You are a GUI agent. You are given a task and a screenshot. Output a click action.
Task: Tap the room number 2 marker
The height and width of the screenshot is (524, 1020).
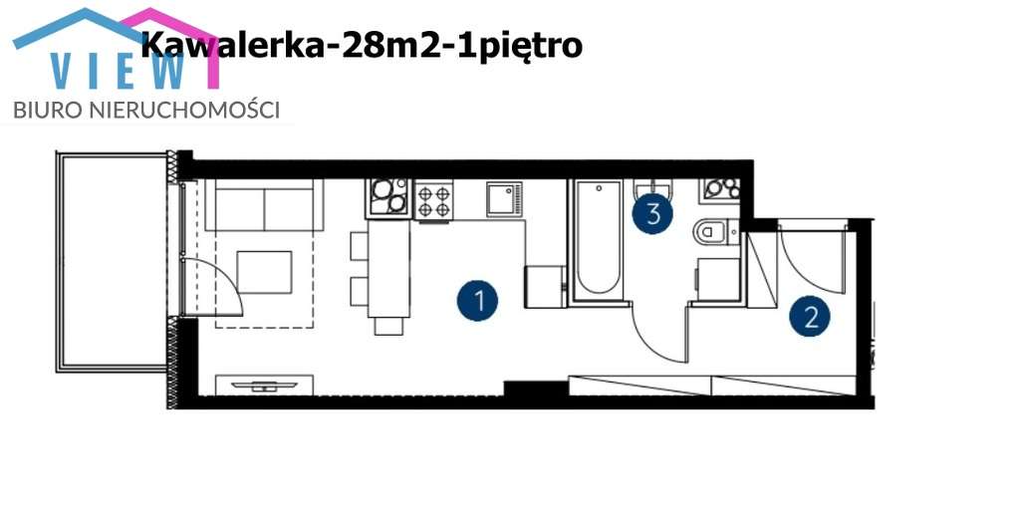coord(811,317)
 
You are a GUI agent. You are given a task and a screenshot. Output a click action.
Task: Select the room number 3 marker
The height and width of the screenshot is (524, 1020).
coord(653,213)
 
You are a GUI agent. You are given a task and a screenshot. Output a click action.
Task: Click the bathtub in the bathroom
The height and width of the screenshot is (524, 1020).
coord(597,239)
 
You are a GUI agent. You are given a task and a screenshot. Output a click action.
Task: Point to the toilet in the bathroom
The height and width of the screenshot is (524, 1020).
coord(712,232)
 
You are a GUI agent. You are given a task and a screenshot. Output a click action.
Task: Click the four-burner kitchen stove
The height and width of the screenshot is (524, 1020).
coord(434,202)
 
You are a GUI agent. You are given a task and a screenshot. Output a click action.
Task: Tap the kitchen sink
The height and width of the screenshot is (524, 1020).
coord(504,199)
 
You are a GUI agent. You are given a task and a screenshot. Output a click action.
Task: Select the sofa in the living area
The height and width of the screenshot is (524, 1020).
coord(264,206)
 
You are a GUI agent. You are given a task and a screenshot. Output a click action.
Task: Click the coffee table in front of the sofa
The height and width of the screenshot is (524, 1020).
coord(264,272)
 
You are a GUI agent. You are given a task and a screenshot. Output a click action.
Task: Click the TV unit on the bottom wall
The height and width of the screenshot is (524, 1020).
coord(264,385)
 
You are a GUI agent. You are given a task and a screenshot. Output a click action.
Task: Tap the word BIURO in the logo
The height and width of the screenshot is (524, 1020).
coord(44,110)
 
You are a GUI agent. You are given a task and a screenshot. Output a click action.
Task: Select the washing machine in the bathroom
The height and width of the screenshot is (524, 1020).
coord(718,278)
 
